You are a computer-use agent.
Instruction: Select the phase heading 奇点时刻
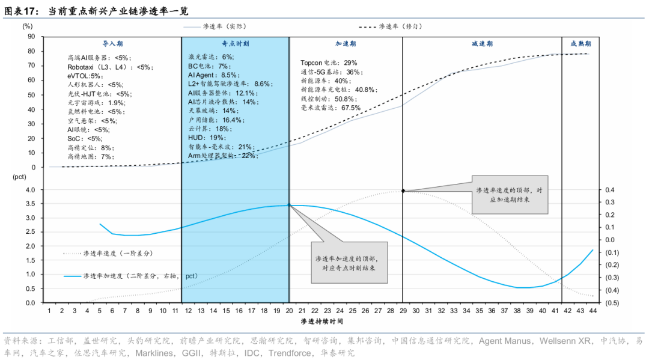[235, 44]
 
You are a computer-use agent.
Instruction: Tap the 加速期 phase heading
[346, 44]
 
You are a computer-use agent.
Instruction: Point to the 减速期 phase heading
[482, 44]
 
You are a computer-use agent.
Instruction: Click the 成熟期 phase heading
[580, 44]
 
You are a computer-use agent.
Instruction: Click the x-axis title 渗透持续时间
[322, 322]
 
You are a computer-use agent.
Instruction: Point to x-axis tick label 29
[403, 311]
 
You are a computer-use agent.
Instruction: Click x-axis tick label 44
[593, 311]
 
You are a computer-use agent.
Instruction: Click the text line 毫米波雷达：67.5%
[331, 108]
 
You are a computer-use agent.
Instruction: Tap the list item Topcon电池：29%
[329, 63]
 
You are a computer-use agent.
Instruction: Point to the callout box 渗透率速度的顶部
[510, 195]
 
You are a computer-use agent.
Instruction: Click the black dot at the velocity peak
[403, 191]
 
